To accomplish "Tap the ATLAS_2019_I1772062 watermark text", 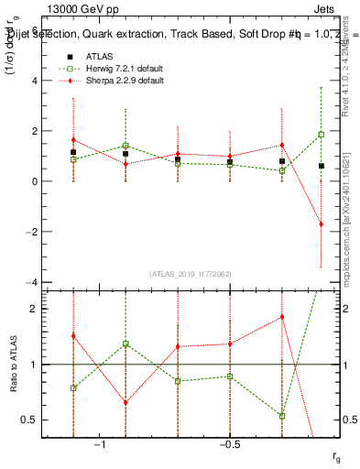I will (191, 273).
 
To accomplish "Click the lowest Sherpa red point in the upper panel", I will (321, 224).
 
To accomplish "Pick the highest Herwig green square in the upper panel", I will (321, 135).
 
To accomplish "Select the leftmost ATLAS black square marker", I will (73, 152).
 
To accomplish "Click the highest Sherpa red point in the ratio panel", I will (282, 317).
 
